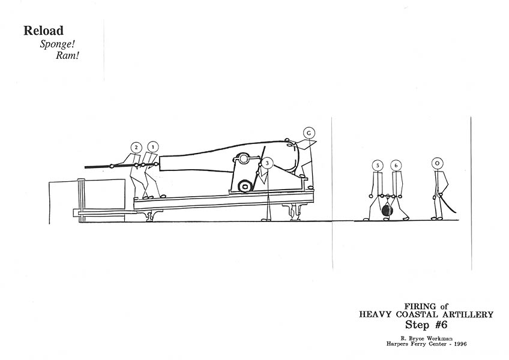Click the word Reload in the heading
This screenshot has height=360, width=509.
coord(44,31)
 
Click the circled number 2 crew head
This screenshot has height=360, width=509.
coord(136,147)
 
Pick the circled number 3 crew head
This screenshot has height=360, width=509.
coord(267,163)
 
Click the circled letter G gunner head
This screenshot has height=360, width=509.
coord(309,133)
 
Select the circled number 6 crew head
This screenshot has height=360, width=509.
coord(396,165)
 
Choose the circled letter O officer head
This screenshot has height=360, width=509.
coord(438,163)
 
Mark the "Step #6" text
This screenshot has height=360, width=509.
coord(427,325)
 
